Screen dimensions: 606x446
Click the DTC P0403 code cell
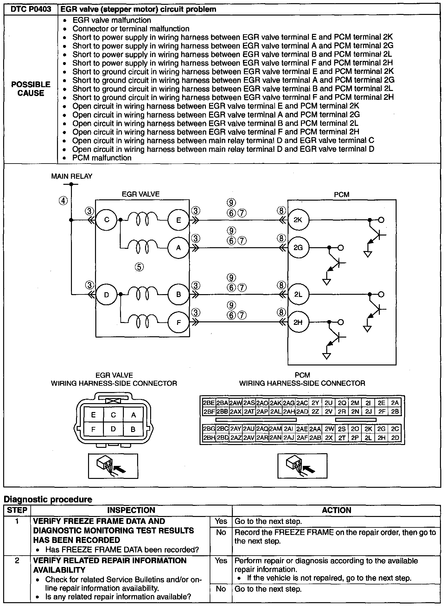(31, 9)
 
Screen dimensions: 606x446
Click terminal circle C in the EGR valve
(106, 219)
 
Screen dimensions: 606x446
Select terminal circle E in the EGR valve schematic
(178, 220)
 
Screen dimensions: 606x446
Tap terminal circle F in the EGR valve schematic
(178, 322)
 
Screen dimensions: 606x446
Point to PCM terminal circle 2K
(298, 220)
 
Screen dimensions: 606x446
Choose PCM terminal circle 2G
(298, 248)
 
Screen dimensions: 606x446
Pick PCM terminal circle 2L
(298, 294)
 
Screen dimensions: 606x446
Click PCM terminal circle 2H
(298, 322)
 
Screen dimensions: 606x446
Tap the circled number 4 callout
(63, 201)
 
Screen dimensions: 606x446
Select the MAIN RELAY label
(72, 176)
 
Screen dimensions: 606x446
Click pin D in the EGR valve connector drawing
(113, 429)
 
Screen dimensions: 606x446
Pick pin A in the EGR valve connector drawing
(133, 415)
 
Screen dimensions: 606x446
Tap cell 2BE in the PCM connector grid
(209, 403)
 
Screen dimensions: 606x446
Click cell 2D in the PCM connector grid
(395, 438)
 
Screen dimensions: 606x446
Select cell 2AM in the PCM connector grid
(275, 429)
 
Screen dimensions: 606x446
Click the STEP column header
(17, 510)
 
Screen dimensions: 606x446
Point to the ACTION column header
(336, 510)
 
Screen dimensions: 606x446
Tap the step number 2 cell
(17, 561)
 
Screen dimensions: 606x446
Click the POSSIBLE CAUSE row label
(31, 89)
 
